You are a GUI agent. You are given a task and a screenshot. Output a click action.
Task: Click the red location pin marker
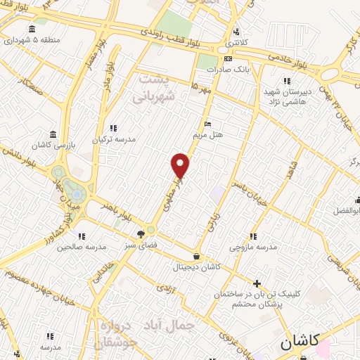click(x=181, y=165)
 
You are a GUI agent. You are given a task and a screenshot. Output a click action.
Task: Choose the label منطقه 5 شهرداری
click(x=32, y=39)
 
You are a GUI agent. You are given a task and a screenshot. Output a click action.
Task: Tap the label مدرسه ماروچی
click(x=253, y=247)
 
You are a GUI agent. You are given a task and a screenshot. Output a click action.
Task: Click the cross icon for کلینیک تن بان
click(x=257, y=283)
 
